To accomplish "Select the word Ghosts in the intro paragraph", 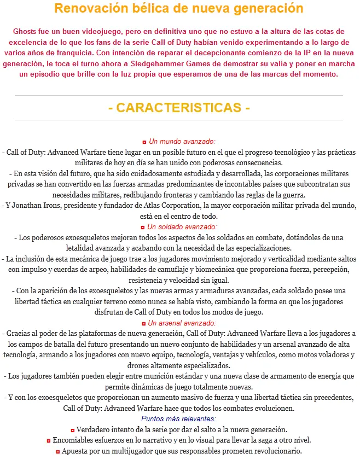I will tap(26, 31).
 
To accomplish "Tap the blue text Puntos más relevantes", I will tap(179, 419).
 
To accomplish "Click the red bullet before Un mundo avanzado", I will tap(144, 142).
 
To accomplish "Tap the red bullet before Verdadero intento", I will tap(73, 430).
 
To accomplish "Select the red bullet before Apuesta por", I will tap(57, 452).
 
